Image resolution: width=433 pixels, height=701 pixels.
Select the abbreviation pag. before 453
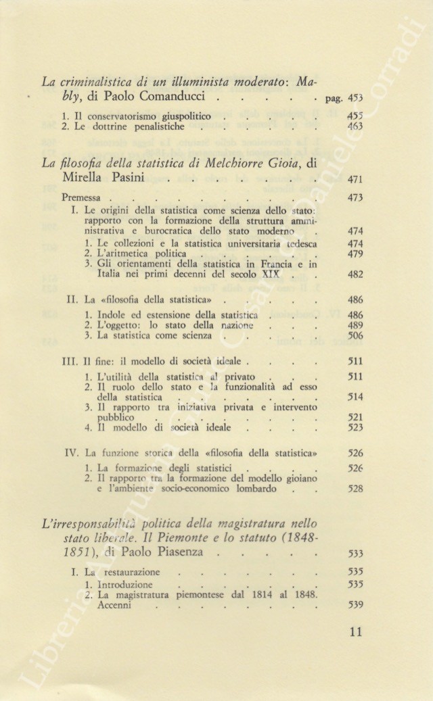333,99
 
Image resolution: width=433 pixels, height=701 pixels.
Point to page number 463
355,126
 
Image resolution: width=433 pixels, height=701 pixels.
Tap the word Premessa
81,198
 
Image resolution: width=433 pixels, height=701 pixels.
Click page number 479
355,253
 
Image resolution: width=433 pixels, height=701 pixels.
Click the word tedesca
295,243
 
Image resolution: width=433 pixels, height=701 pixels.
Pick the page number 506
355,336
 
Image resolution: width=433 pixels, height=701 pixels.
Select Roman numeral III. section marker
74,362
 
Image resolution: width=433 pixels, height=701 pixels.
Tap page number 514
355,397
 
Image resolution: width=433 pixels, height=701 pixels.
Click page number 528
355,489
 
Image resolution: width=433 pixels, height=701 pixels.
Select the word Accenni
114,606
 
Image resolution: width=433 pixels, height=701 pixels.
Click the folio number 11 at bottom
356,633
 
